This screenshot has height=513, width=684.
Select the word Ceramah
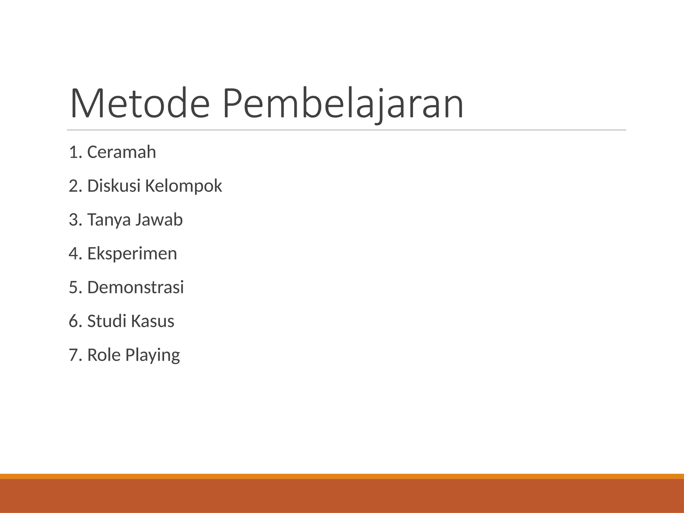click(x=122, y=152)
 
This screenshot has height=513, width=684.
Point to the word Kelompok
click(x=183, y=186)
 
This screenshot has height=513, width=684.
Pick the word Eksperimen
click(x=132, y=254)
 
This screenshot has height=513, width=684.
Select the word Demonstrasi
click(x=135, y=287)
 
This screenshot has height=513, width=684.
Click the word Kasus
click(x=152, y=321)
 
